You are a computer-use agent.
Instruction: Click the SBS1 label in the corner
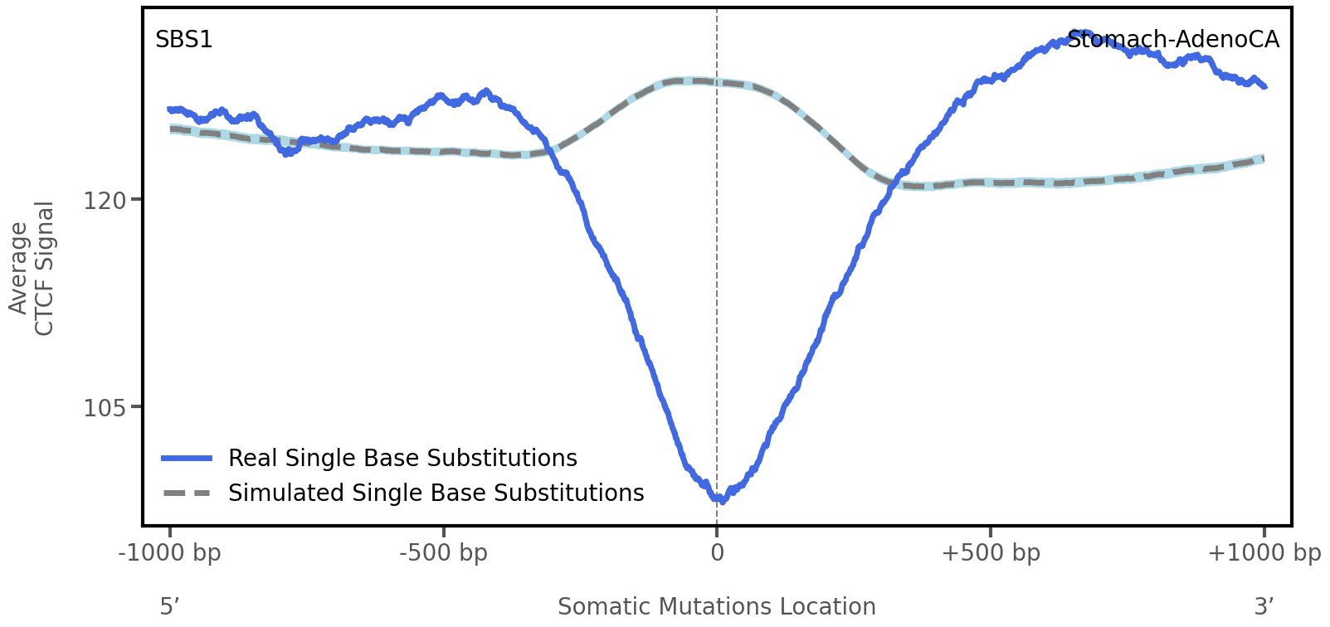(183, 40)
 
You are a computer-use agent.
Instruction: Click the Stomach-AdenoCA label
(1172, 40)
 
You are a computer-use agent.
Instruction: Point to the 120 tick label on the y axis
(105, 200)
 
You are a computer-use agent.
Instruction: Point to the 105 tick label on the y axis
(105, 407)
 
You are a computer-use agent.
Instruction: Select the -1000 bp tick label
(170, 553)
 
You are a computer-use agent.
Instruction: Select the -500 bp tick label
(443, 553)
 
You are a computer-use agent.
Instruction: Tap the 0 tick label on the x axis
(717, 553)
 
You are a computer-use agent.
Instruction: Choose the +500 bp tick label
(991, 553)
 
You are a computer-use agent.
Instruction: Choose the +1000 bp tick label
(1264, 553)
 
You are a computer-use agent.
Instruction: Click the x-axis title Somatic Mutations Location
(717, 606)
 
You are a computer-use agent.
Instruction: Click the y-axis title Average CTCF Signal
(32, 269)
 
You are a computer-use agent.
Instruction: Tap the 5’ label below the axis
(170, 606)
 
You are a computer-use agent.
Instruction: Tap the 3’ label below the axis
(1264, 606)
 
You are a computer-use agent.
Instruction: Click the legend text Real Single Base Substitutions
(402, 459)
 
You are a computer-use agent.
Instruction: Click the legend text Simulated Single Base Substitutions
(436, 493)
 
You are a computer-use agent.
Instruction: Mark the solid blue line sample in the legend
(188, 459)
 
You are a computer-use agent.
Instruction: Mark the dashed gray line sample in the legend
(188, 493)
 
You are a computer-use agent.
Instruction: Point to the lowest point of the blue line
(721, 500)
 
